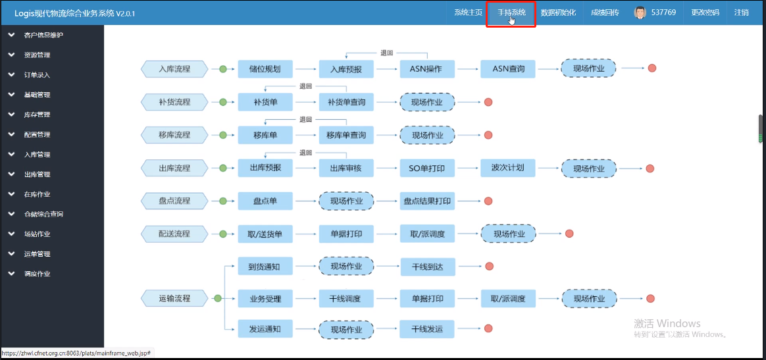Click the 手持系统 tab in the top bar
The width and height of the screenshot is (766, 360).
point(511,13)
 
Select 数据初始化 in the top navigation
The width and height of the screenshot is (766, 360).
point(559,13)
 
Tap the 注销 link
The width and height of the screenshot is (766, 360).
point(741,13)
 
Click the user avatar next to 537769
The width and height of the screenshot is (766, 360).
point(640,13)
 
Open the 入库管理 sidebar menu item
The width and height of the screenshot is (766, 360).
point(37,155)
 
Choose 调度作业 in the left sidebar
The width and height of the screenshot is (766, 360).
point(37,274)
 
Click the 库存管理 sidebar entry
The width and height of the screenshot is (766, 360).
point(37,115)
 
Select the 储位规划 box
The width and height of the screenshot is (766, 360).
point(265,69)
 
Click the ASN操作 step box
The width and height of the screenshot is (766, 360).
point(427,69)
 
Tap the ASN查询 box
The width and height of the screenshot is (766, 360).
point(508,69)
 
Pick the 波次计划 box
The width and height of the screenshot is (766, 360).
point(508,168)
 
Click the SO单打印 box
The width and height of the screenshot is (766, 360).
point(427,168)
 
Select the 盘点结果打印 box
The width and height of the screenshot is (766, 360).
point(427,201)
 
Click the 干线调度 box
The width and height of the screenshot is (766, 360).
point(346,298)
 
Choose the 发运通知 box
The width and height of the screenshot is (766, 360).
point(265,328)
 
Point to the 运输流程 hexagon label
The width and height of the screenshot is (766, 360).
point(174,298)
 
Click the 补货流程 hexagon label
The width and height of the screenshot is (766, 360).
point(174,102)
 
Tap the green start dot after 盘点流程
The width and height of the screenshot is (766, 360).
point(223,201)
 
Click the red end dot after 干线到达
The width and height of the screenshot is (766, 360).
point(489,266)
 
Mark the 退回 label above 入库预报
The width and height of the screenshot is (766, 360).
point(387,53)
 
